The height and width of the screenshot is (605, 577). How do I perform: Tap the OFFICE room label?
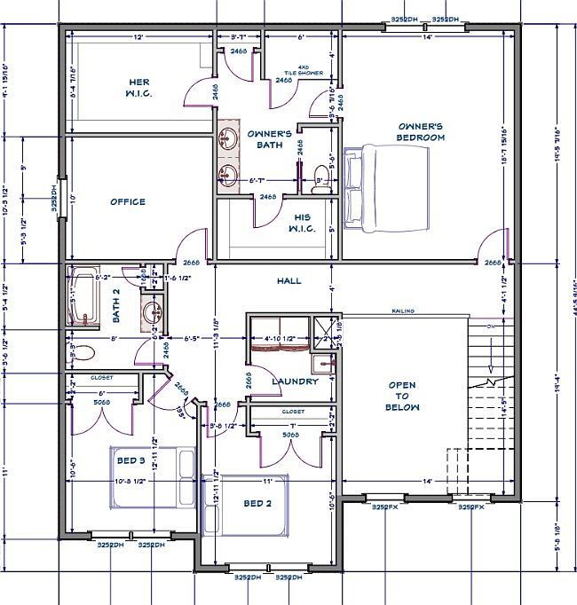pyautogui.click(x=127, y=201)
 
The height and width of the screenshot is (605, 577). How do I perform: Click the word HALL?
pyautogui.click(x=289, y=281)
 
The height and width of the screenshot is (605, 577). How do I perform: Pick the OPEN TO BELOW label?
pyautogui.click(x=403, y=397)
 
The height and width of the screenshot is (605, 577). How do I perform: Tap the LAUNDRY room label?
pyautogui.click(x=296, y=381)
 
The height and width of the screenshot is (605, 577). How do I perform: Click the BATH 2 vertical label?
pyautogui.click(x=116, y=310)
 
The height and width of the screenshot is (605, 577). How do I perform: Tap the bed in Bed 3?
pyautogui.click(x=152, y=477)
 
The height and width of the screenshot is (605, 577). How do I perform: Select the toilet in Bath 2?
pyautogui.click(x=82, y=352)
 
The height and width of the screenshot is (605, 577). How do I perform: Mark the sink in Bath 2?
pyautogui.click(x=152, y=311)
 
